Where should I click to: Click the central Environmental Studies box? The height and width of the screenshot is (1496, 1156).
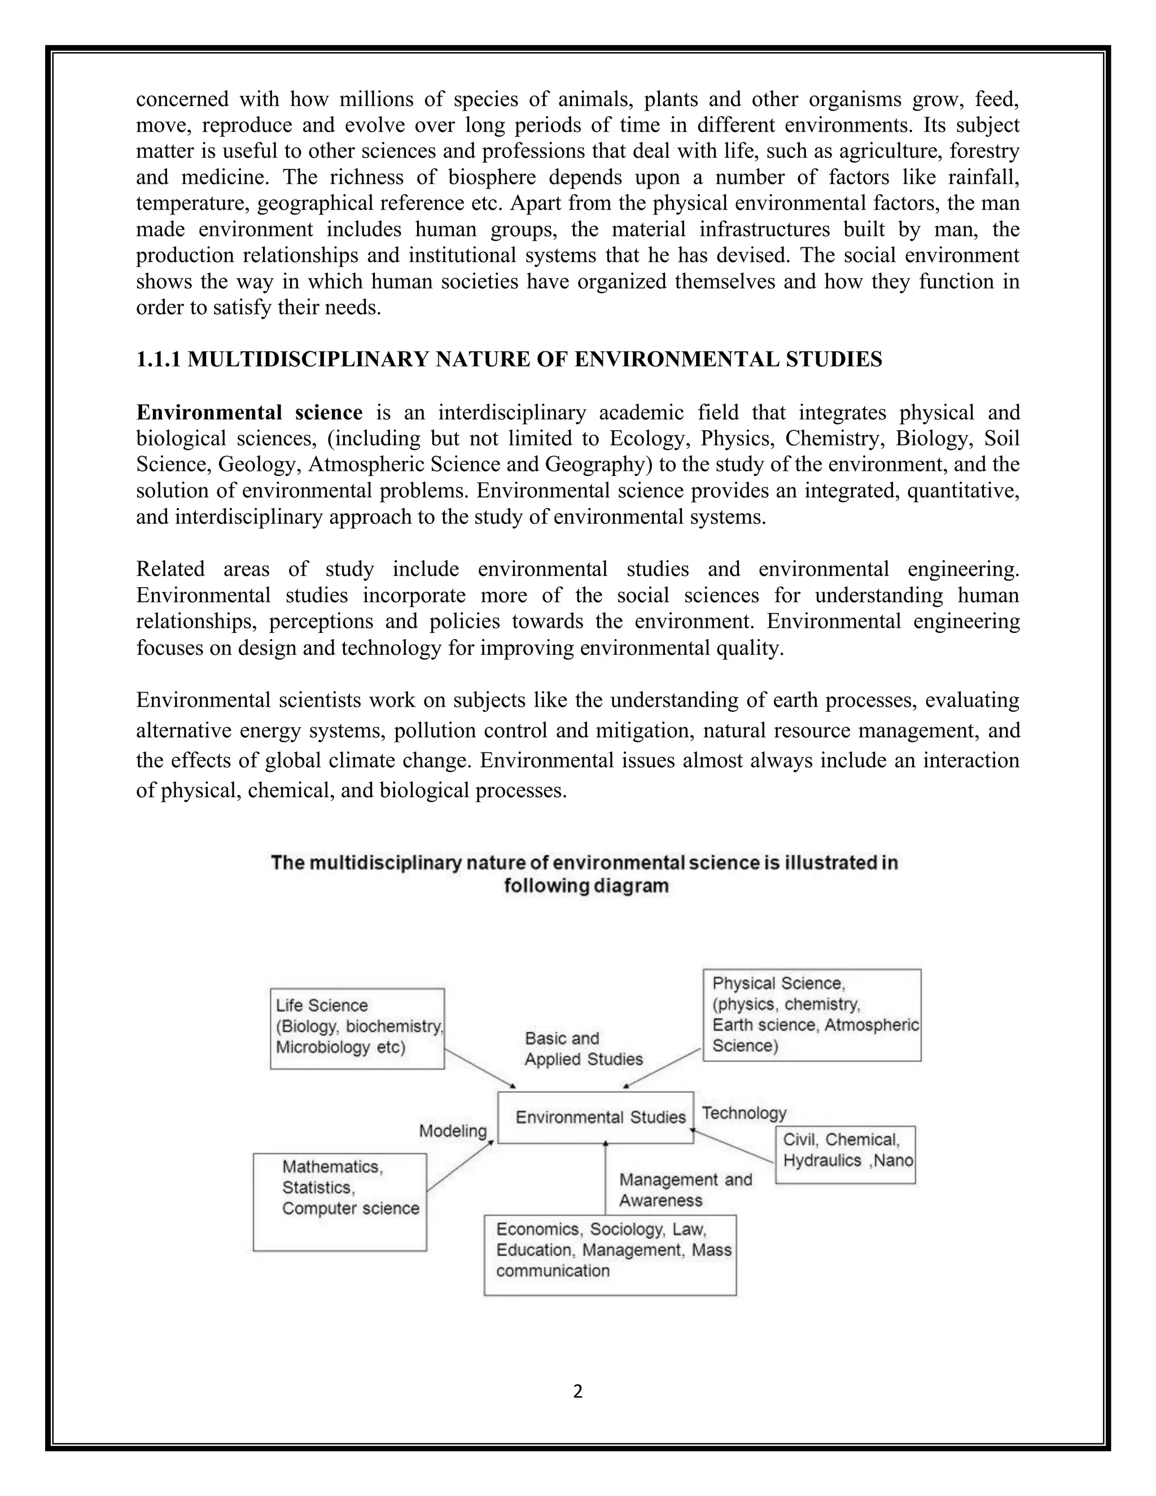tap(595, 1117)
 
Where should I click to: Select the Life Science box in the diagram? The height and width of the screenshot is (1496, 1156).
tap(357, 1027)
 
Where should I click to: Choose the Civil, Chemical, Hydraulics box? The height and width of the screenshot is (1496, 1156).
tap(845, 1154)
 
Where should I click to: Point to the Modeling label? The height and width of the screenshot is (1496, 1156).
tap(453, 1131)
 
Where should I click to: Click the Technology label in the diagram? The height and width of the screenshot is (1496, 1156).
tap(745, 1113)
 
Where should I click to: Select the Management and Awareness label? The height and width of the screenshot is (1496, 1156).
tap(685, 1190)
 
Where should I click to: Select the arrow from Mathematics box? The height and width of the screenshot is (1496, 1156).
tap(460, 1165)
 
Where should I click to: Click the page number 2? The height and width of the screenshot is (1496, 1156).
tap(577, 1391)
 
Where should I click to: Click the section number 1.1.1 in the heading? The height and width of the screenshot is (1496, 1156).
tap(158, 360)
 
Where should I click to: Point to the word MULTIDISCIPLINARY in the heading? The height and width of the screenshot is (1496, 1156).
tap(308, 360)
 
